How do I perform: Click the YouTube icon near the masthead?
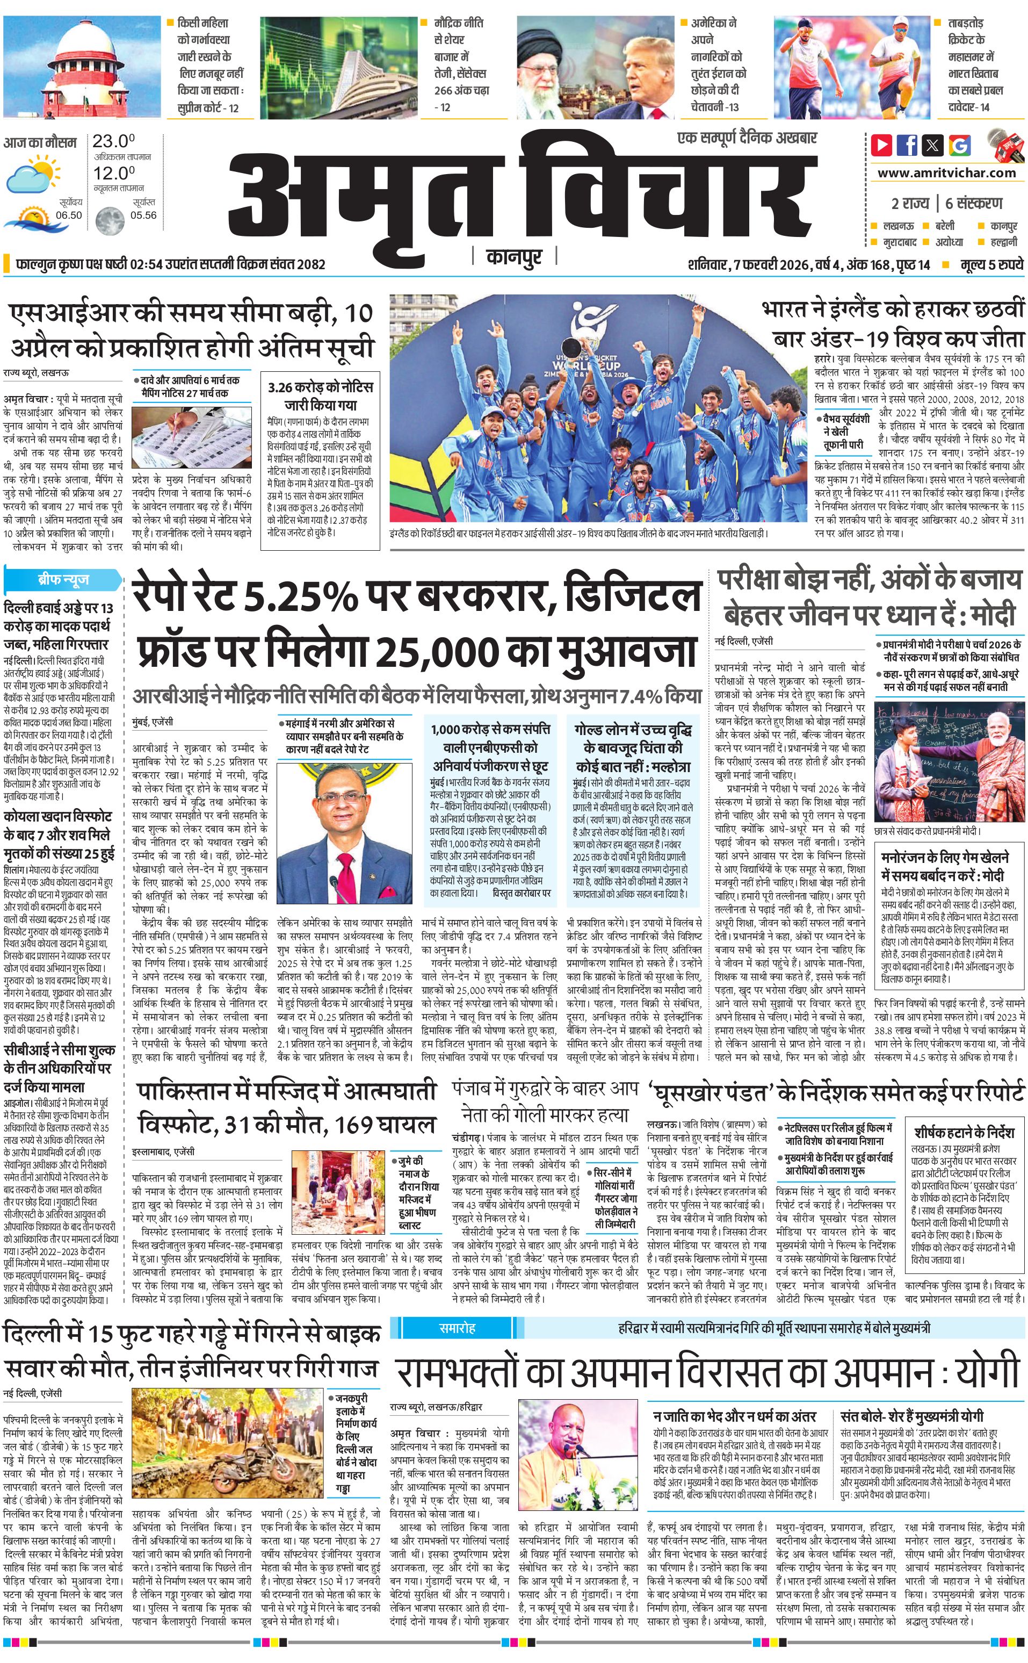(882, 145)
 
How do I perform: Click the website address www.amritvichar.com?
(946, 173)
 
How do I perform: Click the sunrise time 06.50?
(69, 215)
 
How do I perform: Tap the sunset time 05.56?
(143, 215)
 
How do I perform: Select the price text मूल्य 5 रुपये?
(991, 264)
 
